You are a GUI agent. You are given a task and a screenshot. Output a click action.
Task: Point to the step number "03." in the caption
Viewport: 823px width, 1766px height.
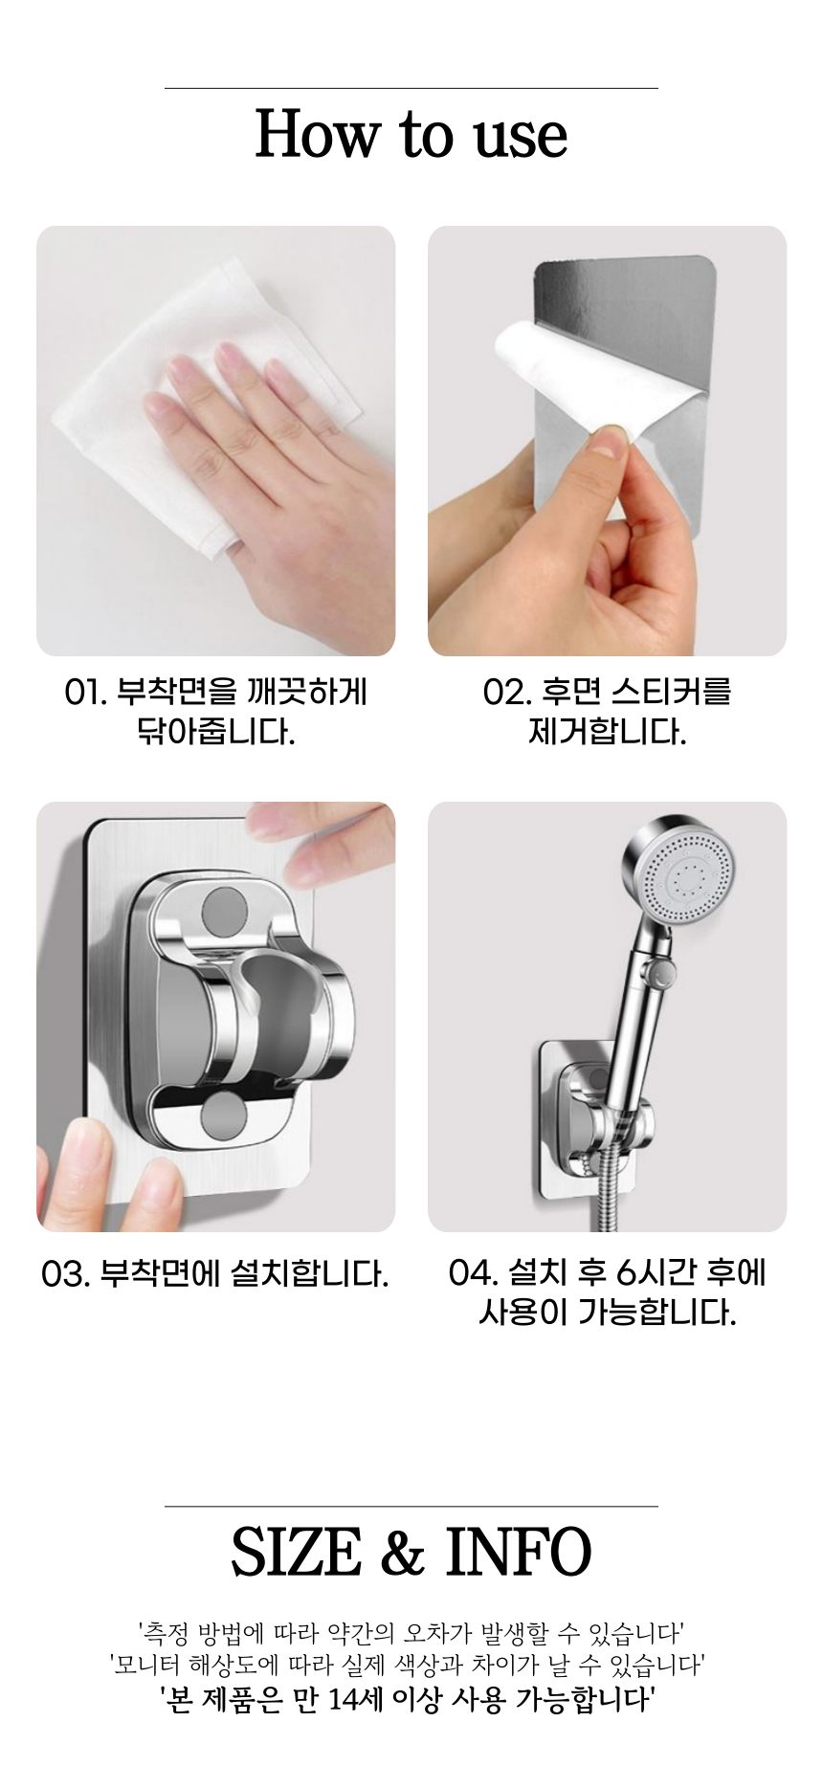[x=66, y=1274]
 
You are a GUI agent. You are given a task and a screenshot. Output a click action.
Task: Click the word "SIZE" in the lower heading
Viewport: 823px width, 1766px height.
[x=297, y=1552]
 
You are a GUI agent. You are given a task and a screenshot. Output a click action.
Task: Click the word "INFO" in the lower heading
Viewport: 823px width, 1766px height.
[x=519, y=1552]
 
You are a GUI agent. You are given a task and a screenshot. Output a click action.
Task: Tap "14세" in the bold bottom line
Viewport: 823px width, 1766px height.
[x=356, y=1699]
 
